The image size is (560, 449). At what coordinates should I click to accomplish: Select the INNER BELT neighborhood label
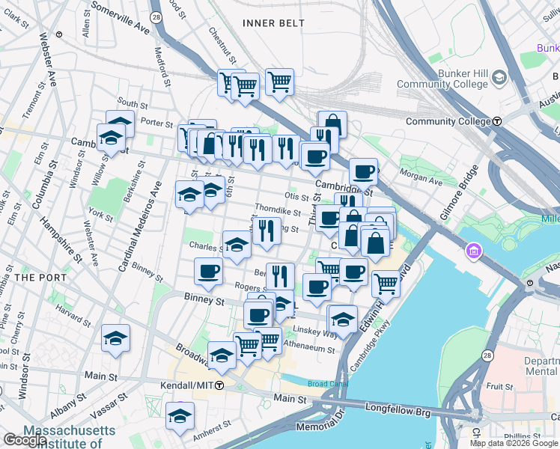[274, 23]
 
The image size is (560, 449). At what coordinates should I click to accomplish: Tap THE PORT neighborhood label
[35, 277]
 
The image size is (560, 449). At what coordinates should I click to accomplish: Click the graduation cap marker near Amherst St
[180, 415]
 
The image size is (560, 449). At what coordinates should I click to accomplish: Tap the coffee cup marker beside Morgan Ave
[363, 171]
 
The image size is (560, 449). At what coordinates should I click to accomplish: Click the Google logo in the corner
[25, 440]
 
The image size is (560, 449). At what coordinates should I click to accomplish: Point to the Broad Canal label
[328, 384]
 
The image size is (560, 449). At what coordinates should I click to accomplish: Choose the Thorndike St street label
[277, 212]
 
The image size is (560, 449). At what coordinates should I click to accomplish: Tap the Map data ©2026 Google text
[514, 443]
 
